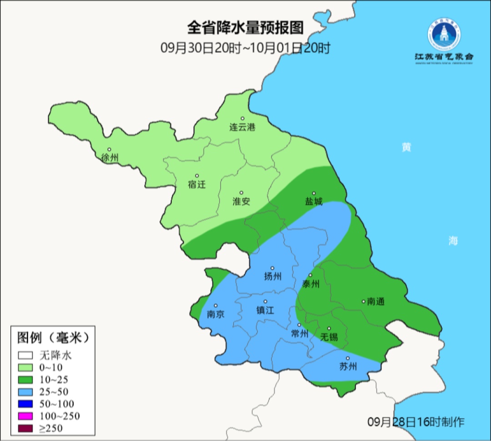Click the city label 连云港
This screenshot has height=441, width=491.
pyautogui.click(x=242, y=127)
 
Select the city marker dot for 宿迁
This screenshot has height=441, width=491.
pyautogui.click(x=197, y=176)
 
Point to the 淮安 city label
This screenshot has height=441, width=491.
pyautogui.click(x=241, y=201)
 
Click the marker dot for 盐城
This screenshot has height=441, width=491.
pyautogui.click(x=313, y=193)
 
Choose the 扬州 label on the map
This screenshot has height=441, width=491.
pyautogui.click(x=273, y=276)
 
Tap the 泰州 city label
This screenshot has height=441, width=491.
pyautogui.click(x=311, y=284)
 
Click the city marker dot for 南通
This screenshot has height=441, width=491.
pyautogui.click(x=363, y=301)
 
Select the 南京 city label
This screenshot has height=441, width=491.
pyautogui.click(x=215, y=314)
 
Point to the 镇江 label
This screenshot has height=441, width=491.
pyautogui.click(x=266, y=310)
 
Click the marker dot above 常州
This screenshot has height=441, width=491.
pyautogui.click(x=299, y=325)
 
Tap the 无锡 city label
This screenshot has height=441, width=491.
pyautogui.click(x=329, y=337)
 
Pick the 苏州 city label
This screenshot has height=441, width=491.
pyautogui.click(x=348, y=366)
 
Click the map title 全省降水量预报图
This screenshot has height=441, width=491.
pyautogui.click(x=245, y=28)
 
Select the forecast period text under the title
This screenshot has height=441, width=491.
pyautogui.click(x=245, y=48)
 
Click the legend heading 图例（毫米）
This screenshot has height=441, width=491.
pyautogui.click(x=52, y=338)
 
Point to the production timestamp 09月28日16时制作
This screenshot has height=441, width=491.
pyautogui.click(x=416, y=421)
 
